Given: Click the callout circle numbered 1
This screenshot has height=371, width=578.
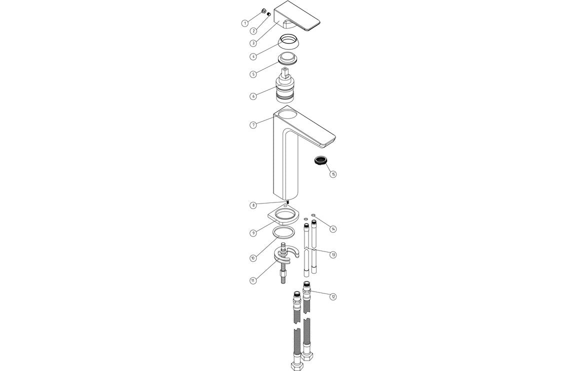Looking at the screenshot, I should point(244,22).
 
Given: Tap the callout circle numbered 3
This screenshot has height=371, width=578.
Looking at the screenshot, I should point(253,43).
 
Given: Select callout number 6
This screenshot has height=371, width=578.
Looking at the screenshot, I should point(253,95).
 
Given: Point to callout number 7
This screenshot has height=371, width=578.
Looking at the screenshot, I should point(253,124).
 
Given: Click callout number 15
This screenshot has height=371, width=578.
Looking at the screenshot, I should point(333,174).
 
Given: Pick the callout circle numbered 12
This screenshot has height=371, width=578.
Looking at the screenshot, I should point(333,296).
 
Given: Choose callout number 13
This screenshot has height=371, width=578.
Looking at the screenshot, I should point(333,254).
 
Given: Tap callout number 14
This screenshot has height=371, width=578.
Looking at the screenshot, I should point(333,228).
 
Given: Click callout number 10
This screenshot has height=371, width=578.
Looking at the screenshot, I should point(253,258).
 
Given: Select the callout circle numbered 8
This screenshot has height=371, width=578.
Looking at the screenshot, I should point(253,205).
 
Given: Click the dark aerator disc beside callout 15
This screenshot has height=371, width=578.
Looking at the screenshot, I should point(320,160).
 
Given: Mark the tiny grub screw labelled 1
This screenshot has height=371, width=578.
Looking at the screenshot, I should point(263,11).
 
